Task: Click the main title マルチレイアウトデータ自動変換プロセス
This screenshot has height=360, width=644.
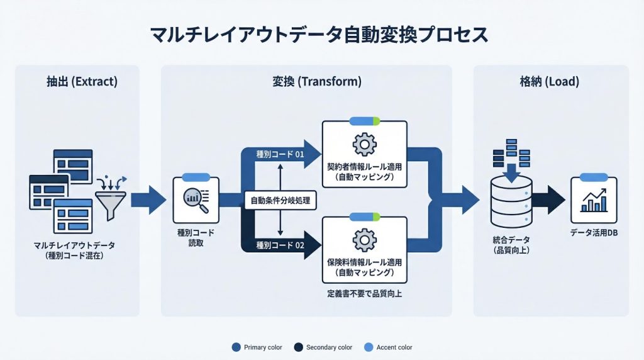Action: point(320,35)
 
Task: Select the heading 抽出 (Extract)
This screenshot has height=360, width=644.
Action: point(82,82)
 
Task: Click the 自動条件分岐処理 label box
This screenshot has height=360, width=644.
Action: point(279,201)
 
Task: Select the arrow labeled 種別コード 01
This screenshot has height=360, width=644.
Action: point(280,154)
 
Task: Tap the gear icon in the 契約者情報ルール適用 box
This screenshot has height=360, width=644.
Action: point(364,145)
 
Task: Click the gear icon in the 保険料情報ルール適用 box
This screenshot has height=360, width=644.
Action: point(364,239)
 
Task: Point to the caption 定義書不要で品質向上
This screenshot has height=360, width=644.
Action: point(364,293)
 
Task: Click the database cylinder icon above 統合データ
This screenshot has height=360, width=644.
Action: point(511,195)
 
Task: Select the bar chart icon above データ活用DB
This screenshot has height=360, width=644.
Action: point(593,199)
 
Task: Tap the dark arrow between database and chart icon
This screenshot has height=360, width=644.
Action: point(548,200)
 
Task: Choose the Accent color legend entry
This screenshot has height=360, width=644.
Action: point(389,347)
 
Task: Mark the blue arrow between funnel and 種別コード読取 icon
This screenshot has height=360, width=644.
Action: point(148,200)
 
